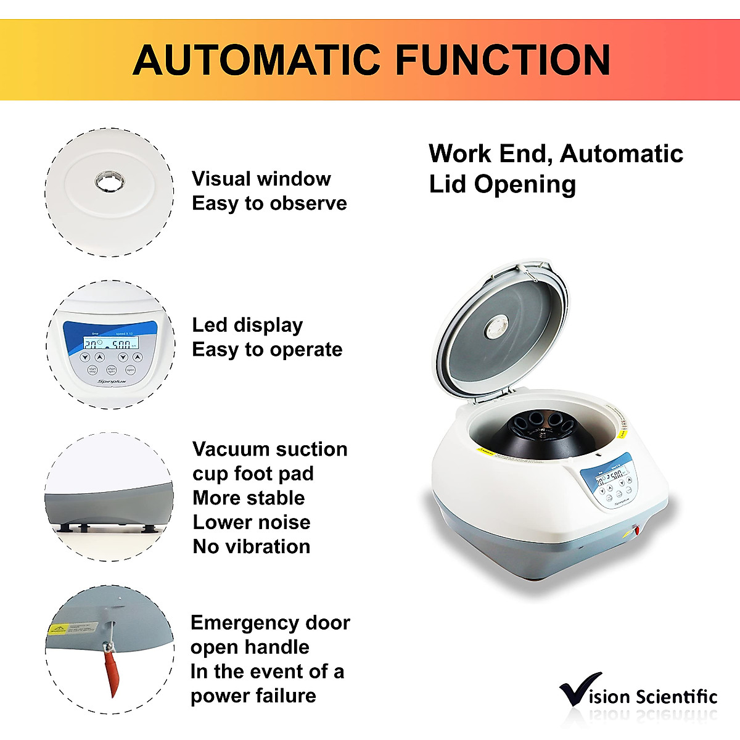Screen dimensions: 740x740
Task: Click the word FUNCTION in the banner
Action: [502, 60]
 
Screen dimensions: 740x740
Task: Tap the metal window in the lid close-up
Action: [110, 182]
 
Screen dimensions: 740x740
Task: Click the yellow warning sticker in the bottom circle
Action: [58, 630]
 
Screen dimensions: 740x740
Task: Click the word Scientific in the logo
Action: [676, 697]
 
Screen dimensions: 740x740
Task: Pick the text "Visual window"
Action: [261, 179]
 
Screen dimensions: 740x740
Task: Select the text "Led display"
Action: [247, 325]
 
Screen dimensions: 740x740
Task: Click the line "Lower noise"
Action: [252, 522]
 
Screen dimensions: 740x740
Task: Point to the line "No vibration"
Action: [252, 546]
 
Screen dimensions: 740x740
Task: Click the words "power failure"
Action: [253, 696]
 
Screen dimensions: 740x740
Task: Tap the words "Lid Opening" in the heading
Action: [503, 184]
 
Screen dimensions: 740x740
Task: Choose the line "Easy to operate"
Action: [267, 350]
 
